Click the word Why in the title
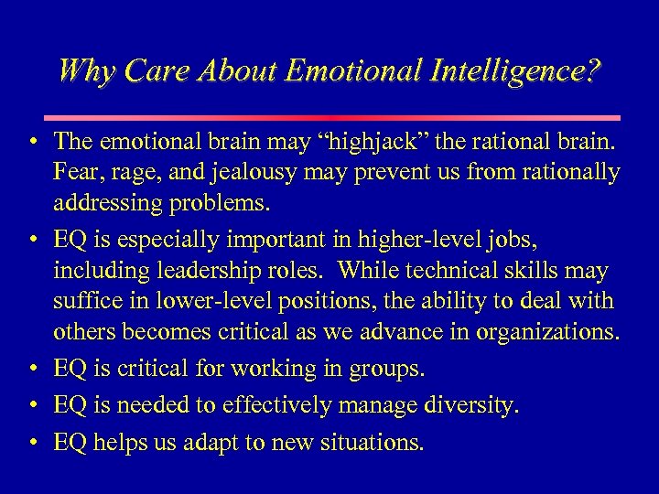tap(83, 70)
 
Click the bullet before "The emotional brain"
tap(33, 143)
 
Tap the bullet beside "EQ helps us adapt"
tap(33, 444)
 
